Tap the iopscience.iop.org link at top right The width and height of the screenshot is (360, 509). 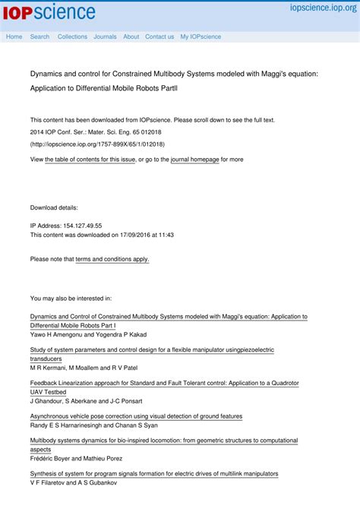click(x=322, y=8)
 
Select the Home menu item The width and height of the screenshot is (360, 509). click(x=14, y=36)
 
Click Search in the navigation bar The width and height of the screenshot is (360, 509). click(x=39, y=36)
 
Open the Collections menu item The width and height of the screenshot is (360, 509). click(x=72, y=36)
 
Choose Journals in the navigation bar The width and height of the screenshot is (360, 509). click(x=105, y=36)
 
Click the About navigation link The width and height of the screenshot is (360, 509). click(x=131, y=36)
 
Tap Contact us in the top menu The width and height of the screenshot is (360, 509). click(x=159, y=36)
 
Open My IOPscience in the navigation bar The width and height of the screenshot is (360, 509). click(x=201, y=36)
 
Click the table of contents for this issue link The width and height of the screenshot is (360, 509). click(x=90, y=160)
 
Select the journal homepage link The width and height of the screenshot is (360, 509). click(x=194, y=160)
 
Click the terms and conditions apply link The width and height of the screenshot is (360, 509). click(x=112, y=259)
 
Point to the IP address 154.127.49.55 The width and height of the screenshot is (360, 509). click(x=83, y=226)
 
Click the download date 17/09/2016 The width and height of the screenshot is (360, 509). click(x=135, y=235)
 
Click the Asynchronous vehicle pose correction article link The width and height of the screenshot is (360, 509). click(x=136, y=416)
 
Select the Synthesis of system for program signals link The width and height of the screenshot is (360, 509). click(x=154, y=473)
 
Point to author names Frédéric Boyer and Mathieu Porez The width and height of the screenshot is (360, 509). click(x=75, y=459)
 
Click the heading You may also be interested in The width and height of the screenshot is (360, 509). click(x=71, y=299)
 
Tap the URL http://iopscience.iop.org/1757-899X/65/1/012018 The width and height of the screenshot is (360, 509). click(x=97, y=144)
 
